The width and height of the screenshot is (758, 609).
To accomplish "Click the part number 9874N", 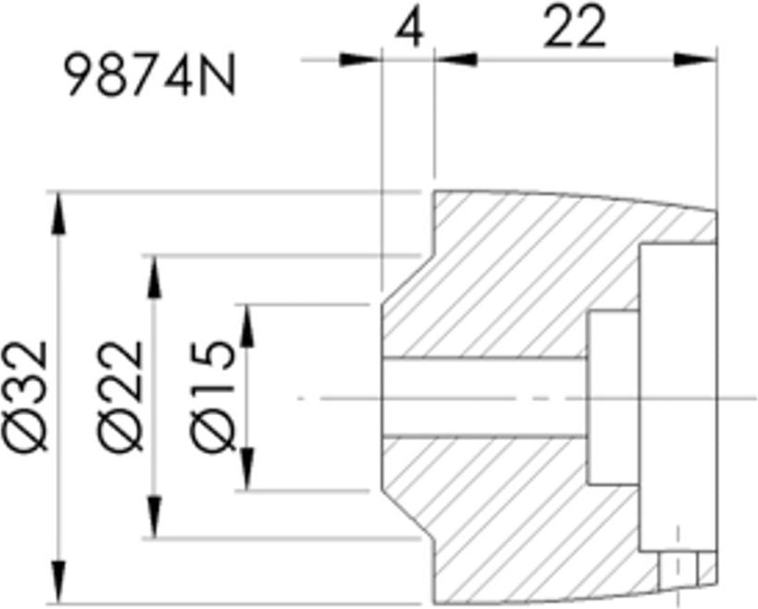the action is click(x=150, y=76).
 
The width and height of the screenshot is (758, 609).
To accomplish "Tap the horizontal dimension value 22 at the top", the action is click(x=574, y=28).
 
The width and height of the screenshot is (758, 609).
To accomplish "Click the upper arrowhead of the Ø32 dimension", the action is click(x=58, y=213).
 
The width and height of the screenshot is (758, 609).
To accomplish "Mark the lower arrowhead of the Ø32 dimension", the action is click(x=58, y=582).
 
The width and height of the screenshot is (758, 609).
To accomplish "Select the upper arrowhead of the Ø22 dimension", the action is click(x=154, y=276).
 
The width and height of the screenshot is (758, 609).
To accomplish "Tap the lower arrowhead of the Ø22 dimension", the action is click(x=154, y=517).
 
